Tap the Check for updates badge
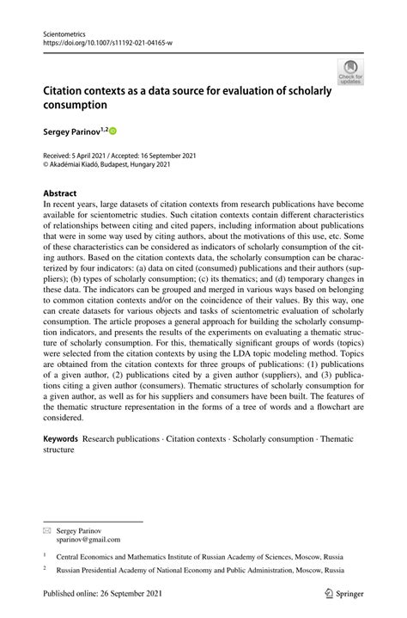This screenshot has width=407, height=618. pos(349,72)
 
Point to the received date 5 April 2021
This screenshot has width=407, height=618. pos(88,156)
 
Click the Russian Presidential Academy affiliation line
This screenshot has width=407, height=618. pos(199,569)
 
